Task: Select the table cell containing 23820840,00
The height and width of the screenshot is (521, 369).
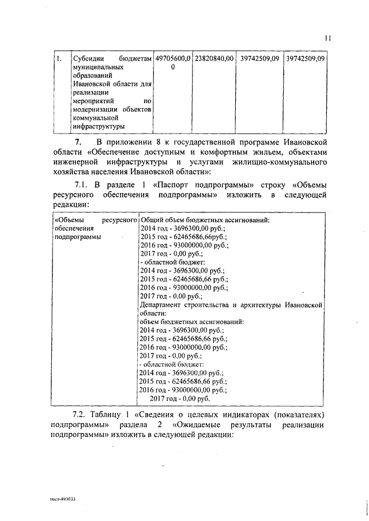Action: (x=213, y=59)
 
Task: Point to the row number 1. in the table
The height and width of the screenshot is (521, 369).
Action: (x=58, y=59)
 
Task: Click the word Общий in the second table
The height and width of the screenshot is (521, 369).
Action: (x=152, y=220)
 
